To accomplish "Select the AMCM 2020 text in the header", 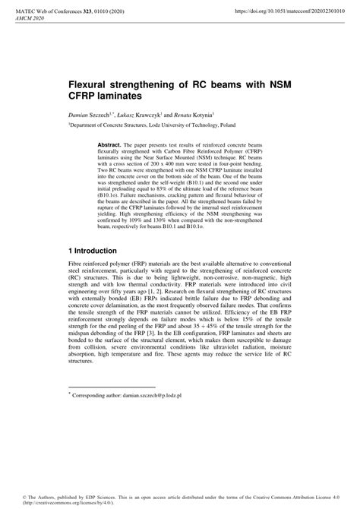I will pyautogui.click(x=31, y=19).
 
